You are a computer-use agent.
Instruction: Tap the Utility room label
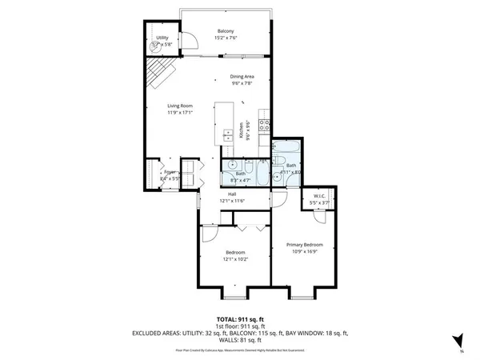click(x=162, y=38)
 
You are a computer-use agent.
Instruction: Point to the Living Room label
click(x=181, y=106)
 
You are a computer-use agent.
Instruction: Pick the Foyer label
click(x=170, y=172)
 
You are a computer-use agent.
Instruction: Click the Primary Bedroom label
click(x=305, y=244)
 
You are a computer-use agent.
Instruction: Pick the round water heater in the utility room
click(x=156, y=47)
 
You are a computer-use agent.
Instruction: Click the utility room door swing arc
click(x=190, y=41)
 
